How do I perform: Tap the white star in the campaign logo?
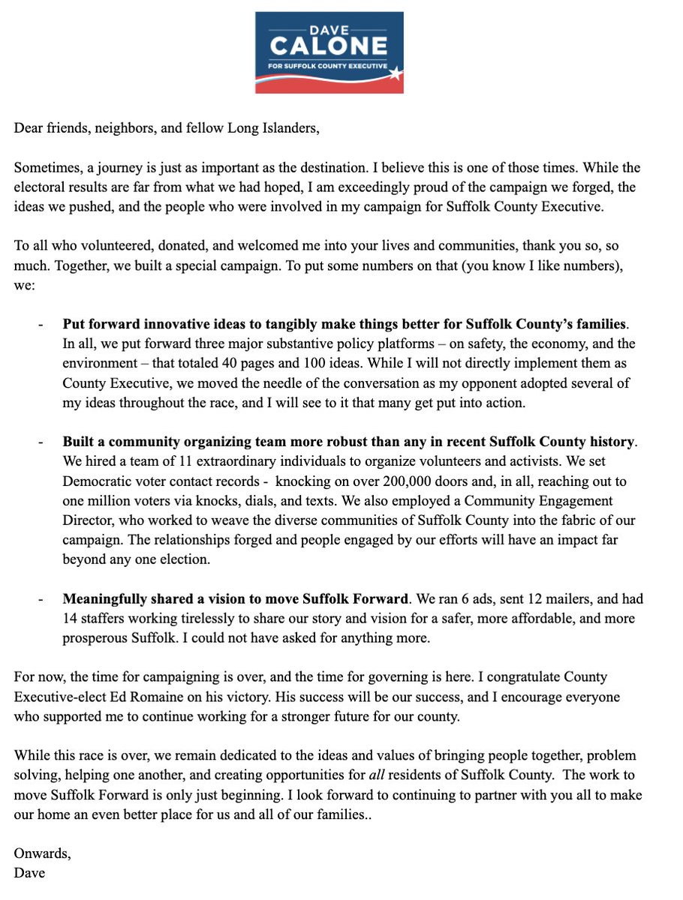[394, 74]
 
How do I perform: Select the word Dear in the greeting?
[29, 127]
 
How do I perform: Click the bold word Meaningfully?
[107, 598]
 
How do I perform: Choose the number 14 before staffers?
[71, 618]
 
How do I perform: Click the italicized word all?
[441, 775]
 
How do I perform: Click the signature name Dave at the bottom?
[29, 873]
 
